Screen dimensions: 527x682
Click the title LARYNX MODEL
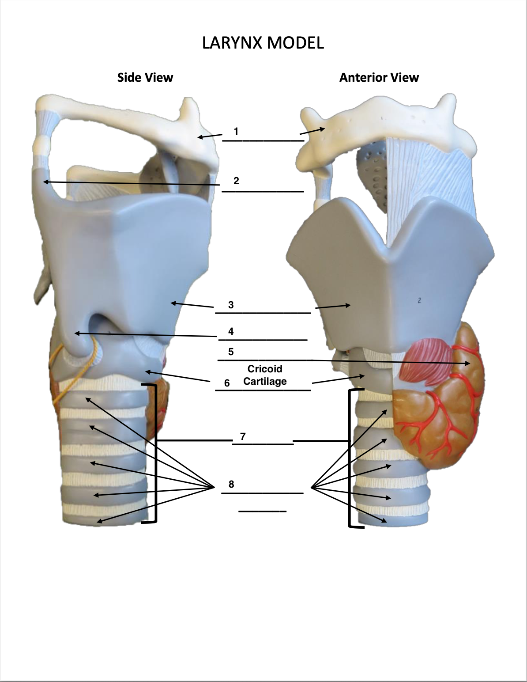click(263, 43)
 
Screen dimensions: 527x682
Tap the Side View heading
click(145, 78)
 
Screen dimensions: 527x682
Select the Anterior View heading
click(379, 78)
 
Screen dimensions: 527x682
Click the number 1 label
click(236, 131)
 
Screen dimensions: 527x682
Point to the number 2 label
click(236, 181)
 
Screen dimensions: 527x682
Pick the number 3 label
click(231, 305)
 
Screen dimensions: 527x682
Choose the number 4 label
click(231, 331)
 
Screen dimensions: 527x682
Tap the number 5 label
click(231, 352)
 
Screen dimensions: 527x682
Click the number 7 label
click(243, 436)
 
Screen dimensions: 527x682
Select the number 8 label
click(231, 484)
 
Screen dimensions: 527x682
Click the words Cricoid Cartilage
click(265, 375)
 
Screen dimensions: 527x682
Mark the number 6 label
click(227, 383)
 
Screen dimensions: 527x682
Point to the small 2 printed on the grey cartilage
click(419, 300)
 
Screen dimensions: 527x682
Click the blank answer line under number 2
click(263, 192)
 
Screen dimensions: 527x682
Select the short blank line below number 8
click(262, 511)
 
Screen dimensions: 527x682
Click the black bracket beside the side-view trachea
click(155, 455)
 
